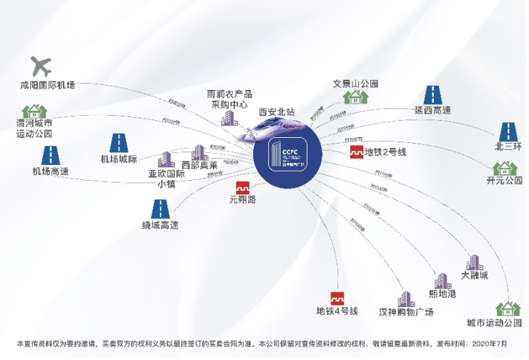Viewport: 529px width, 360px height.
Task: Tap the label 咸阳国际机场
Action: point(47,86)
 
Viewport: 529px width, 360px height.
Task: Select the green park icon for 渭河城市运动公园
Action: point(34,111)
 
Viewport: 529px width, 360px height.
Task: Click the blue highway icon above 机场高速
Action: point(50,156)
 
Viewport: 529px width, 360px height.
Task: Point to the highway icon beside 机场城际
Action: point(118,143)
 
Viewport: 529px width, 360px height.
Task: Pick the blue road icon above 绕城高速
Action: point(159,209)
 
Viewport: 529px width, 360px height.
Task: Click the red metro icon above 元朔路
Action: point(242,189)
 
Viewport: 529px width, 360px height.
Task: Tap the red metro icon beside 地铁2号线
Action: point(357,152)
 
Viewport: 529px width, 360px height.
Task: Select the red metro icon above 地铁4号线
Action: point(337,299)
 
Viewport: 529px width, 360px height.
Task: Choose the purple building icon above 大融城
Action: point(475,262)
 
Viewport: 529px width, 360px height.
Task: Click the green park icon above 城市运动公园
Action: point(508,309)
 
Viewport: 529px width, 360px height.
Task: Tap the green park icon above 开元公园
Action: point(505,169)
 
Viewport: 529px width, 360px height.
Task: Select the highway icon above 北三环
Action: point(508,132)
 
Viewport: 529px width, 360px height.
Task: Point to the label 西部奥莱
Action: point(199,166)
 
